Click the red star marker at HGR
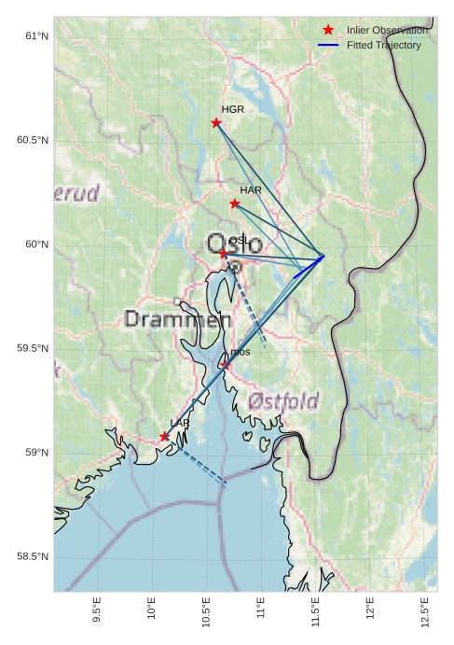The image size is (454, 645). point(216,122)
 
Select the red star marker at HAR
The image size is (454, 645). point(235,203)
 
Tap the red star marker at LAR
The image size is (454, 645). point(165,436)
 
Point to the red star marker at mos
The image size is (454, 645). point(225,365)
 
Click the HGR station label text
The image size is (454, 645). point(233,109)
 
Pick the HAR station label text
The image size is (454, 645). point(251,190)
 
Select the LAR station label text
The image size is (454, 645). point(180,423)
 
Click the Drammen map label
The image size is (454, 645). point(177,320)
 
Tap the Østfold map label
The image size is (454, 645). point(283,401)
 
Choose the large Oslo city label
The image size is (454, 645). point(234,246)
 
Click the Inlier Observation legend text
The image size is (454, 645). point(388,30)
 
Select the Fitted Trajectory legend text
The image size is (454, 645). point(383,45)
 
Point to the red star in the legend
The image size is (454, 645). point(328,30)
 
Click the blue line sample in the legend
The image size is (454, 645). point(328,45)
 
